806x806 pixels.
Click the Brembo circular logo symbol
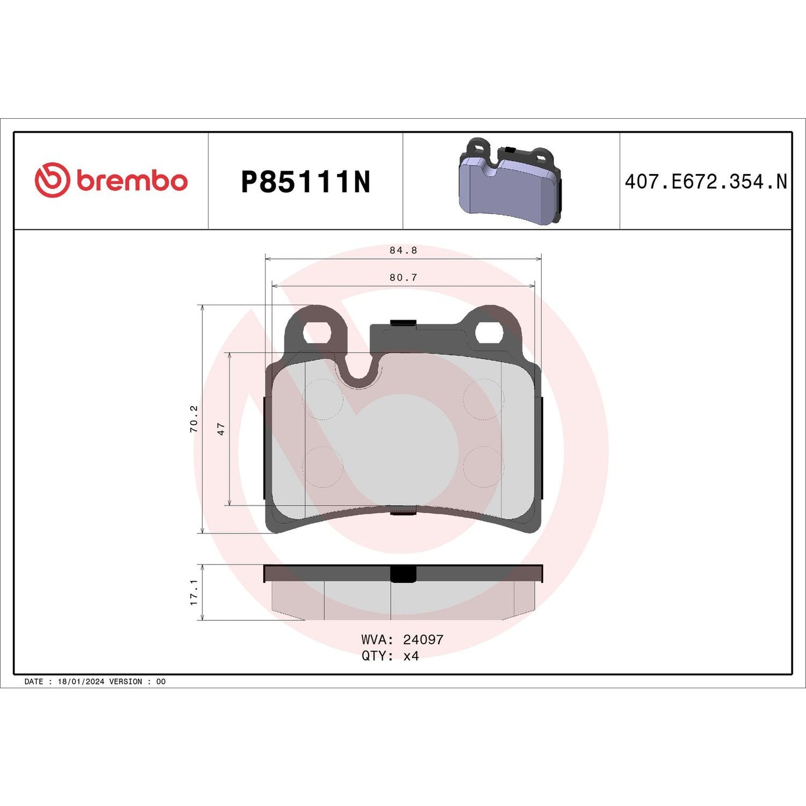coord(52,180)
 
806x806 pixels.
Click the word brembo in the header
coord(132,181)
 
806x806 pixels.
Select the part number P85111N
coord(305,182)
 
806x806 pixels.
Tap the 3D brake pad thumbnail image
coord(509,182)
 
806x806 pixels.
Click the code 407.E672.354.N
coord(706,182)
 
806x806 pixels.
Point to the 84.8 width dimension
coord(403,250)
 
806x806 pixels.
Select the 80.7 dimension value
coord(403,277)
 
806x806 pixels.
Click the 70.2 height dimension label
coord(194,419)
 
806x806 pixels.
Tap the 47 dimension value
coord(221,429)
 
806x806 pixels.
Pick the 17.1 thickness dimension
coord(194,592)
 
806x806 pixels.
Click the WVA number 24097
coord(423,639)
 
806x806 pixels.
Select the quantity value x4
coord(411,656)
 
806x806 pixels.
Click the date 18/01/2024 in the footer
coord(81,682)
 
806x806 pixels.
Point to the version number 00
coord(161,682)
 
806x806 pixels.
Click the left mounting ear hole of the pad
coord(316,334)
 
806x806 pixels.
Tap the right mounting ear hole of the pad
coord(489,333)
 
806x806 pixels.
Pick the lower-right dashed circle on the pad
coord(484,467)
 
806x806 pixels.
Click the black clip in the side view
coord(403,573)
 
